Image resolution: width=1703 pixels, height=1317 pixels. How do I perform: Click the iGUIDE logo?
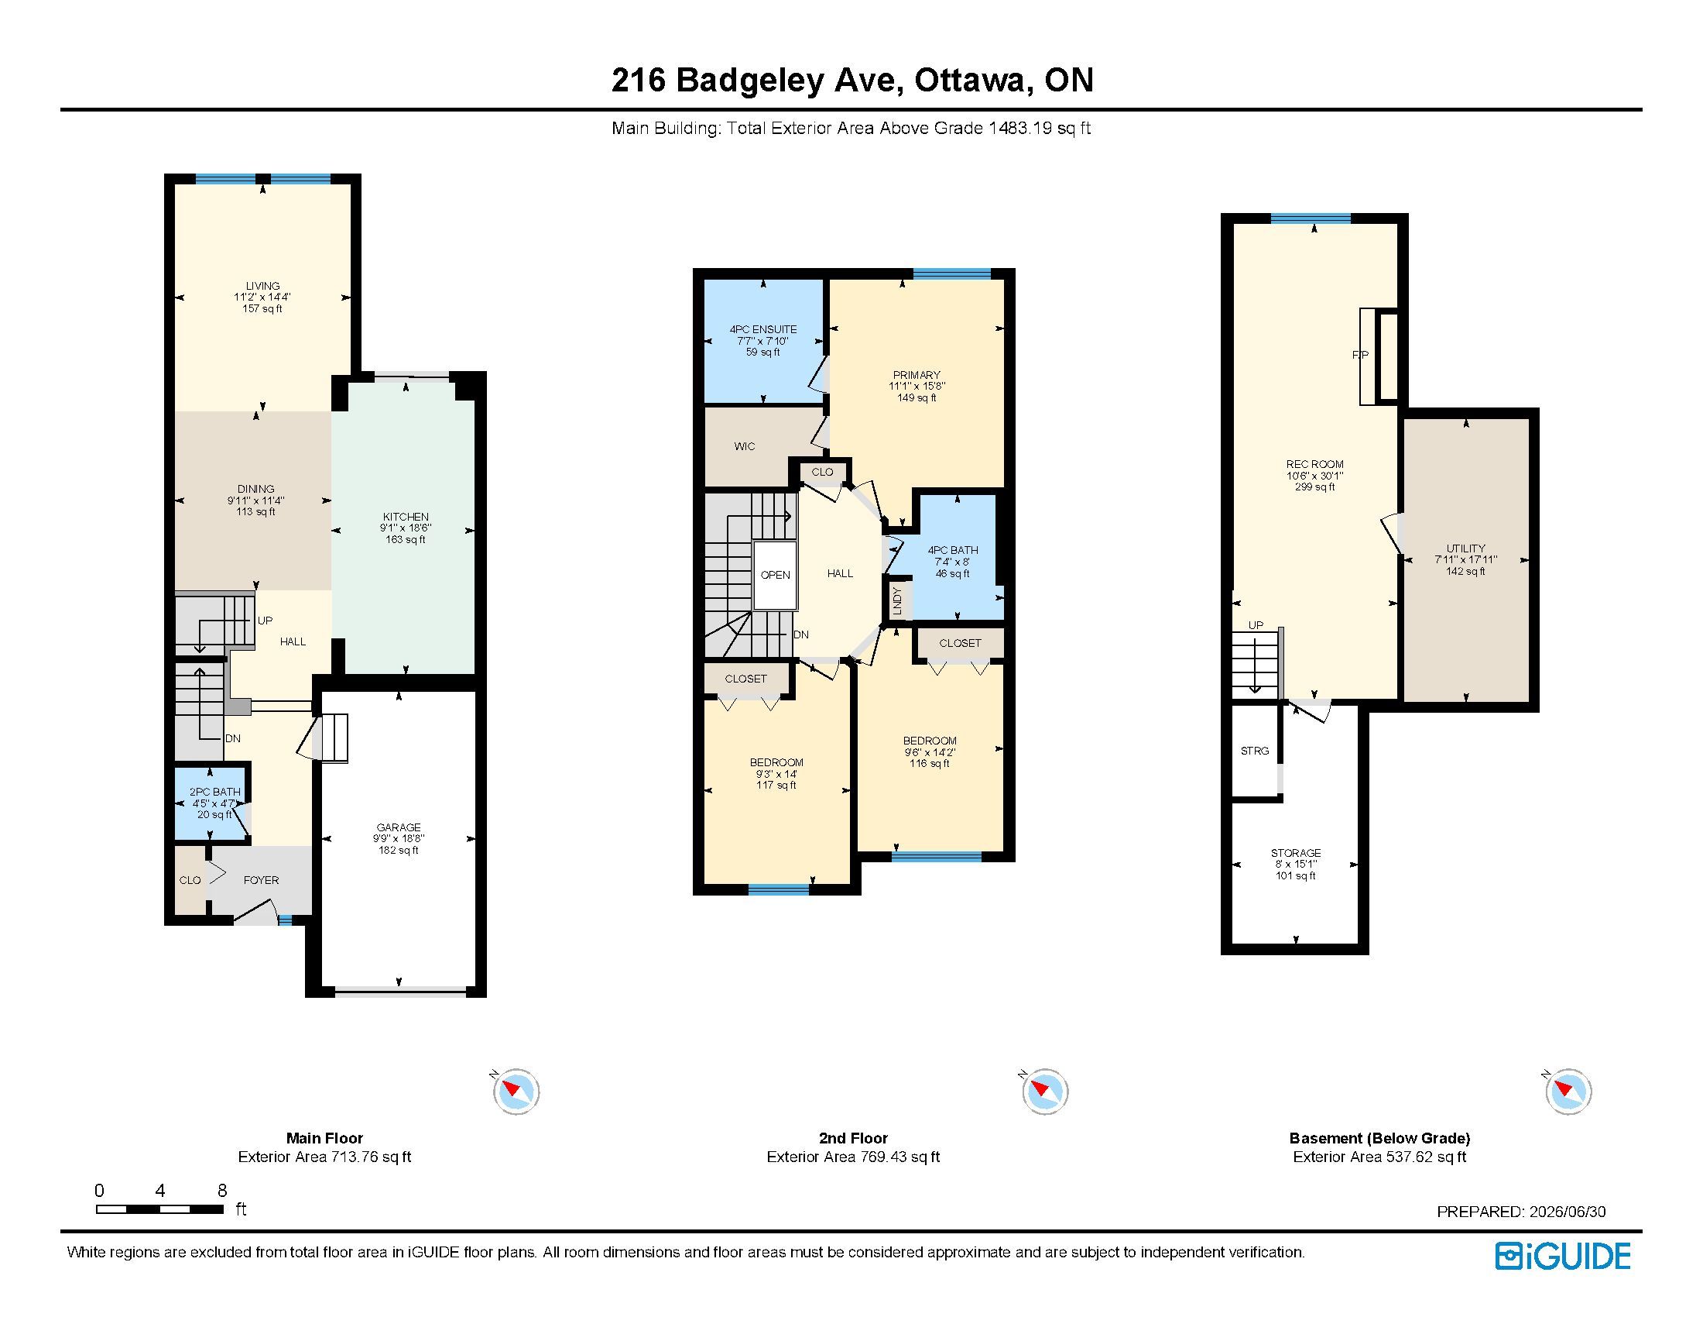[x=1563, y=1256]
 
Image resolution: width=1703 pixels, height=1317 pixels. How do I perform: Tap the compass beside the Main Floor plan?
[x=516, y=1090]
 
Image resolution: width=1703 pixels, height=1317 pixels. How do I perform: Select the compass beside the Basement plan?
[x=1568, y=1090]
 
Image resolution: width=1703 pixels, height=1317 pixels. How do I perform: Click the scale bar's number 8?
[x=222, y=1190]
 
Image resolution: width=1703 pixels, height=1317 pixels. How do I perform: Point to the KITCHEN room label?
[x=406, y=517]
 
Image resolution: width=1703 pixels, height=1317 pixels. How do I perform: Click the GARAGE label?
[x=399, y=827]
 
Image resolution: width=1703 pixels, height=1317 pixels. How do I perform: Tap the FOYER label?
[x=261, y=880]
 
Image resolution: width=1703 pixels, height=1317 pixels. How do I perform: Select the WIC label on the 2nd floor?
[x=745, y=446]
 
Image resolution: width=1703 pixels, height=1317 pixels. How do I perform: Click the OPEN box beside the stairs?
[x=775, y=575]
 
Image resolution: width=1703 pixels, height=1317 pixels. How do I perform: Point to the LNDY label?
[x=896, y=600]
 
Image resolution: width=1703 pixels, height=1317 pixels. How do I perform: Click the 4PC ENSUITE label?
[x=762, y=329]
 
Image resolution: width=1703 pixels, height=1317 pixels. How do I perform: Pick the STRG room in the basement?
[x=1255, y=751]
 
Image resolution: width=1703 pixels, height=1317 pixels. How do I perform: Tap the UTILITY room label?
[x=1466, y=548]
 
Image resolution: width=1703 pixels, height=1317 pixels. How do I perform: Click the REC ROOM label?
[x=1314, y=464]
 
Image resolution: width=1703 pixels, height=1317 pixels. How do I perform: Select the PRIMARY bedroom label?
[x=917, y=374]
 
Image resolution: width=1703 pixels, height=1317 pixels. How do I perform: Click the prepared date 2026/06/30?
[x=1568, y=1212]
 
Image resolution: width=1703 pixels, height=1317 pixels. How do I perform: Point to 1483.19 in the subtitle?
[x=1020, y=128]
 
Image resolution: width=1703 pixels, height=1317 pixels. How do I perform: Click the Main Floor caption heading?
[x=324, y=1138]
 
